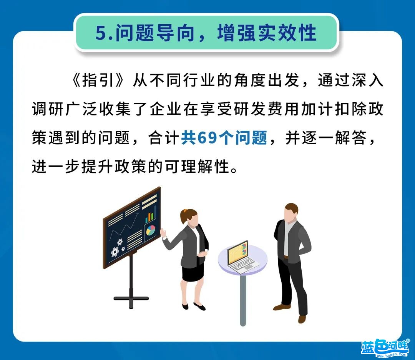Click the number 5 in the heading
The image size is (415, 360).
(x=101, y=33)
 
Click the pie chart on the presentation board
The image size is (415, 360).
(x=151, y=230)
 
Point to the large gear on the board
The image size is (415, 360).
(x=115, y=252)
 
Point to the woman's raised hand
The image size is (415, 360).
(x=163, y=233)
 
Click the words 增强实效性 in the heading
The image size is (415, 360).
(x=267, y=33)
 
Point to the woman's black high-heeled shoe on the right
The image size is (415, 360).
(x=199, y=307)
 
